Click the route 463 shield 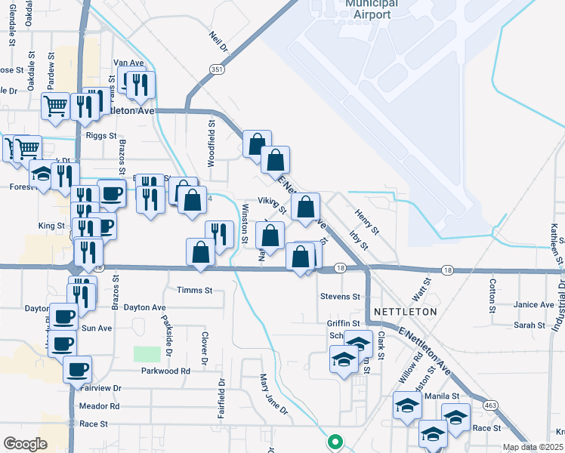(x=491, y=405)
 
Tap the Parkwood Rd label (x=165, y=371)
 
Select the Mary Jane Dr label (x=274, y=394)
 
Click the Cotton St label (x=492, y=296)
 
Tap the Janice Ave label (x=533, y=305)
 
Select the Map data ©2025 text (x=532, y=447)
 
